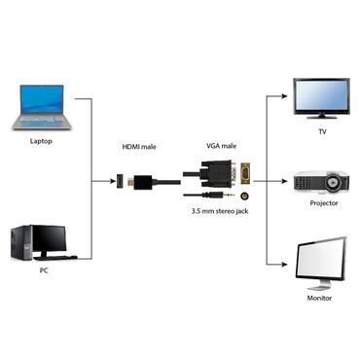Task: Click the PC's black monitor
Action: (x=50, y=239)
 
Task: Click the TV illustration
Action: (x=321, y=96)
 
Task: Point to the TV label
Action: (x=322, y=131)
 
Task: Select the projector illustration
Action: (x=321, y=182)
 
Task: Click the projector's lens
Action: (x=334, y=183)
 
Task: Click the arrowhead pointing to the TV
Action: (x=289, y=96)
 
